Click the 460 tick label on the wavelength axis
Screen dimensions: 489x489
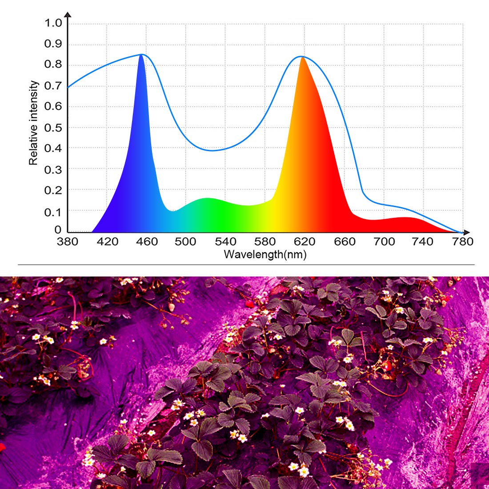click(x=147, y=242)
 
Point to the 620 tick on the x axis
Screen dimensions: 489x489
click(x=305, y=242)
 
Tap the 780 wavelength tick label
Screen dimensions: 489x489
click(x=462, y=242)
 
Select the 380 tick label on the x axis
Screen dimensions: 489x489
click(x=68, y=242)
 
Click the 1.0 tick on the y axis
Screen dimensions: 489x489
click(x=53, y=23)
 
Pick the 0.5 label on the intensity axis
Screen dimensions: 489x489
click(x=53, y=128)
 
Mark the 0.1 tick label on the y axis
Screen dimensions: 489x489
click(x=53, y=212)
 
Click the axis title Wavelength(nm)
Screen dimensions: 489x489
click(x=265, y=255)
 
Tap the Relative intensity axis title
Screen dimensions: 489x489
click(x=33, y=123)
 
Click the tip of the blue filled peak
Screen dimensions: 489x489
click(x=141, y=55)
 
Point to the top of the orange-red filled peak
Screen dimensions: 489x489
click(x=302, y=57)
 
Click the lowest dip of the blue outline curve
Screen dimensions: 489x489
click(x=212, y=150)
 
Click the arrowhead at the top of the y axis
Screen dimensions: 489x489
click(x=68, y=16)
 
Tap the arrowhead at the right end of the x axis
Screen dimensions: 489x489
click(x=466, y=232)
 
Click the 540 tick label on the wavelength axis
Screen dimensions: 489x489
click(x=225, y=242)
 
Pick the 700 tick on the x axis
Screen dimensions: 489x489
click(x=384, y=242)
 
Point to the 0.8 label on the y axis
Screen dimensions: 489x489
click(x=53, y=65)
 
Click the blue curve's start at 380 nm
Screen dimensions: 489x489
click(x=68, y=87)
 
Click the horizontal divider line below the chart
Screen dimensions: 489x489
click(x=246, y=265)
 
